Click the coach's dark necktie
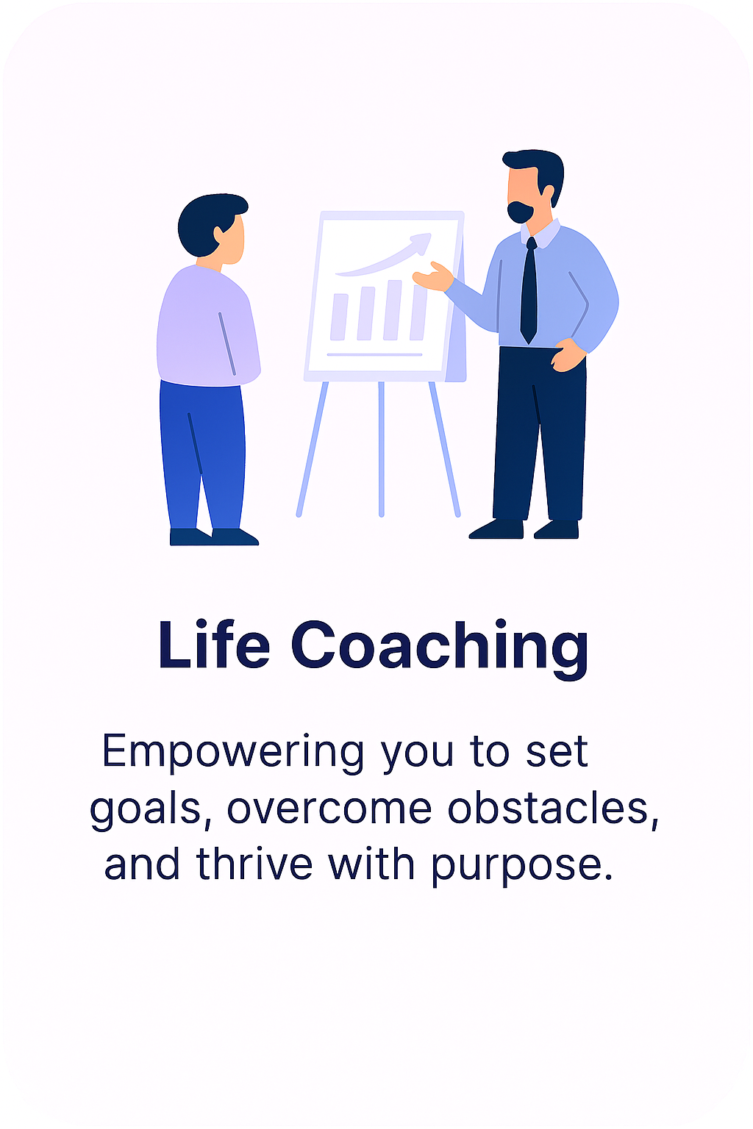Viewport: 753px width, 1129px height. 529,294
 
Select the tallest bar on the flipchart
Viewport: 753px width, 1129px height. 418,312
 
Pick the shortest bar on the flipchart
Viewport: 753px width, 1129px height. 339,317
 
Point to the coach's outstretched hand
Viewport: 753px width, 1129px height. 432,277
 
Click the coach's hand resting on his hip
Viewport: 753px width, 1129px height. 567,356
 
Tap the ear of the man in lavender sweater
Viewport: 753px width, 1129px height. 219,234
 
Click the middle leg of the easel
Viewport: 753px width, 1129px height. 381,448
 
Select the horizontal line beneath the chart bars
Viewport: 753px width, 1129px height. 374,355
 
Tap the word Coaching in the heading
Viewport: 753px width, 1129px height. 440,646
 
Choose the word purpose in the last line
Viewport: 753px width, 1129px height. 521,866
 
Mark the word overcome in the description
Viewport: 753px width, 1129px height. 329,808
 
